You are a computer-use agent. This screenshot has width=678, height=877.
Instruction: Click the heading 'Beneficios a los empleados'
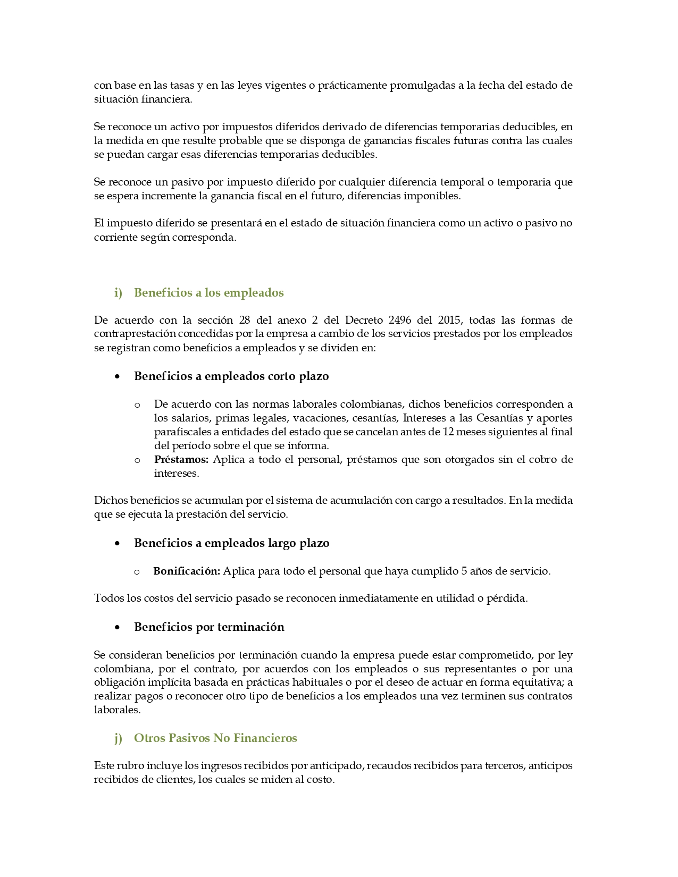click(208, 293)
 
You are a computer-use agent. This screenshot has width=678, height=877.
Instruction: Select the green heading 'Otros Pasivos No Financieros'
click(215, 738)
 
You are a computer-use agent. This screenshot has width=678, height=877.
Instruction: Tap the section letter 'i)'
click(118, 293)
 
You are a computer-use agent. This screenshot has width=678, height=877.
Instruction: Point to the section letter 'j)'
click(118, 738)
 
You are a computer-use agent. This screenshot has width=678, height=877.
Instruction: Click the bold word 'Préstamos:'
click(181, 460)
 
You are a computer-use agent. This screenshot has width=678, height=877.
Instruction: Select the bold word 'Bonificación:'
click(187, 571)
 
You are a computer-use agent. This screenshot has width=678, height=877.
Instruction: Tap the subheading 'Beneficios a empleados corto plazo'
click(231, 376)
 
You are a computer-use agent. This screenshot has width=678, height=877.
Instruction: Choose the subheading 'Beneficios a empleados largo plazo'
click(231, 543)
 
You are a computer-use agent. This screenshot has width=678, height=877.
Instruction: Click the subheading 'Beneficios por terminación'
click(209, 627)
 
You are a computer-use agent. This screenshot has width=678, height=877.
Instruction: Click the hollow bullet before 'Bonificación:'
click(137, 572)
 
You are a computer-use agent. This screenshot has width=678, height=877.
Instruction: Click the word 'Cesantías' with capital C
click(499, 418)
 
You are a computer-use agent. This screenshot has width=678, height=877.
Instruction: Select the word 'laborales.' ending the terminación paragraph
click(117, 710)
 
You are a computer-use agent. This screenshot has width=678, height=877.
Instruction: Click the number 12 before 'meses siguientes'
click(448, 432)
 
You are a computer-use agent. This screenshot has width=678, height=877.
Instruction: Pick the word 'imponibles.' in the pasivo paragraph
click(432, 196)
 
